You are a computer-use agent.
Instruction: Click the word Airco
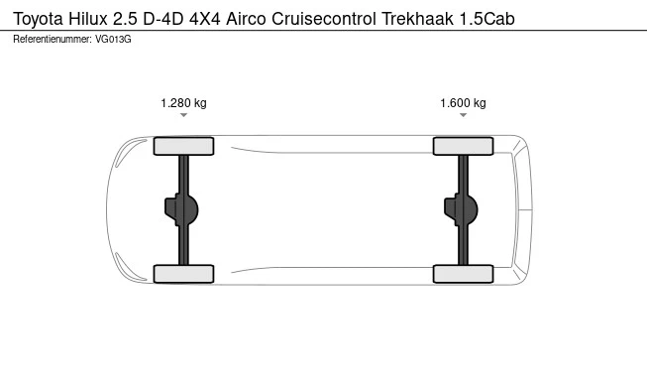tap(252, 19)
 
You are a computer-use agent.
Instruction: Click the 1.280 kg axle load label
tap(183, 103)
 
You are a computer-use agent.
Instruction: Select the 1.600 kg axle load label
tap(463, 103)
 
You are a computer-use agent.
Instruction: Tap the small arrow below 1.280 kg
tap(183, 116)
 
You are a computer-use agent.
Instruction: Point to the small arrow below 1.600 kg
tap(463, 116)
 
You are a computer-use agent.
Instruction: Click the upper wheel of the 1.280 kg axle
tap(184, 147)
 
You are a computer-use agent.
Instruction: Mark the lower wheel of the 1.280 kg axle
tap(184, 274)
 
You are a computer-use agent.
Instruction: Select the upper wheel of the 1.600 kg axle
tap(463, 147)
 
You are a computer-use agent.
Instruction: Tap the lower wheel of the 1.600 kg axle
tap(463, 274)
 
